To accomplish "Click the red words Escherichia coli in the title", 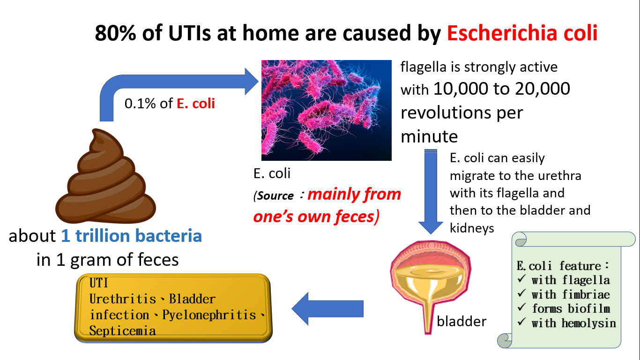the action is (522, 33).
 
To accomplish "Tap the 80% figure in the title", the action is (115, 33).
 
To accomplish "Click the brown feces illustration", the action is (105, 176).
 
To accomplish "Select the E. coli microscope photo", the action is (326, 110).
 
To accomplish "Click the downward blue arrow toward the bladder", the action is (431, 192).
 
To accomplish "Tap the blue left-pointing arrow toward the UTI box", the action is (327, 309).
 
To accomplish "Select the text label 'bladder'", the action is (461, 322).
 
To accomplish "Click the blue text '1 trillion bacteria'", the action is (132, 236).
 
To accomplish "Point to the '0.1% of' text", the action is (149, 103).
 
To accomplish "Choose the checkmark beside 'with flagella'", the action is (522, 278).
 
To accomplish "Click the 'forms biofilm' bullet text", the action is (571, 309).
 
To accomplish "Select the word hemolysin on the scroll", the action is (588, 323).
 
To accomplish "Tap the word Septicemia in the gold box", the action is (122, 331).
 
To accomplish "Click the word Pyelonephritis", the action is (209, 315).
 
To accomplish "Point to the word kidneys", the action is (472, 228).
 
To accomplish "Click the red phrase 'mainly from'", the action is (354, 195).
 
